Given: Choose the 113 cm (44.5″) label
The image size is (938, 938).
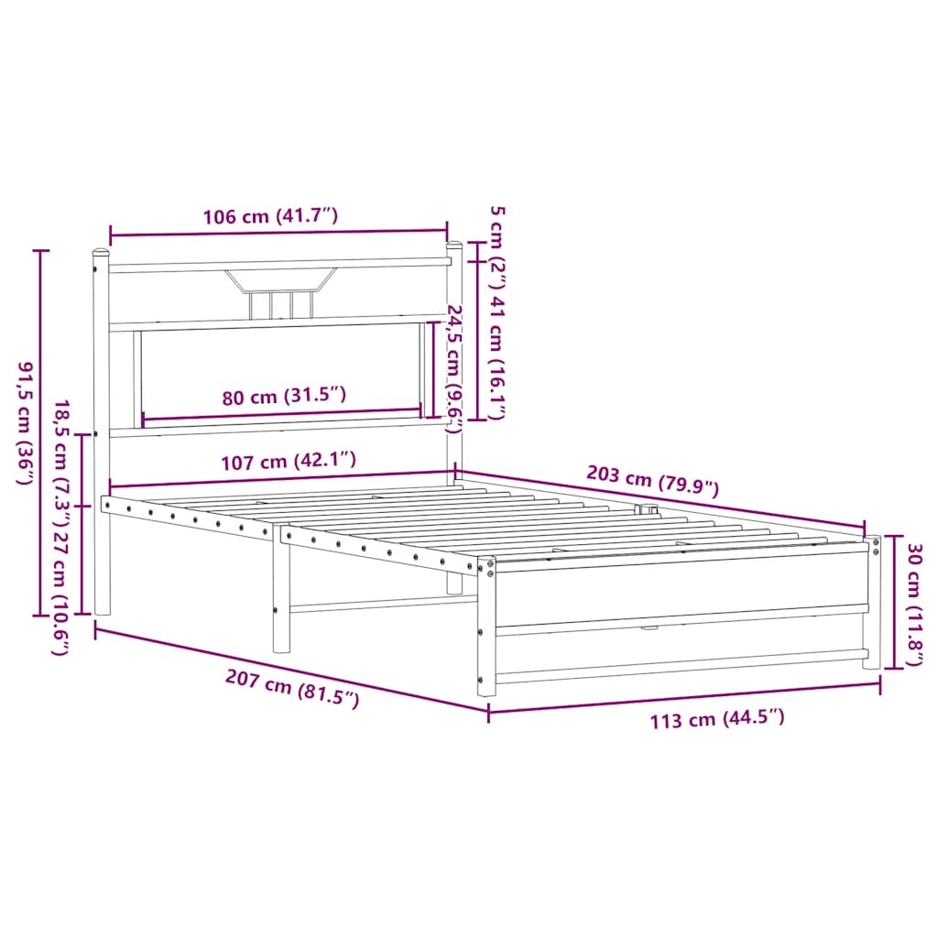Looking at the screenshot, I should (x=717, y=719).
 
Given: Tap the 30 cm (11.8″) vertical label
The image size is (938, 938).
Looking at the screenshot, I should (x=913, y=605).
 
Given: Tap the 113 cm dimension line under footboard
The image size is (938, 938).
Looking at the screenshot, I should (x=684, y=698).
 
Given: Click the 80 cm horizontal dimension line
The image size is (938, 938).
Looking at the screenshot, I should (x=281, y=417).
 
